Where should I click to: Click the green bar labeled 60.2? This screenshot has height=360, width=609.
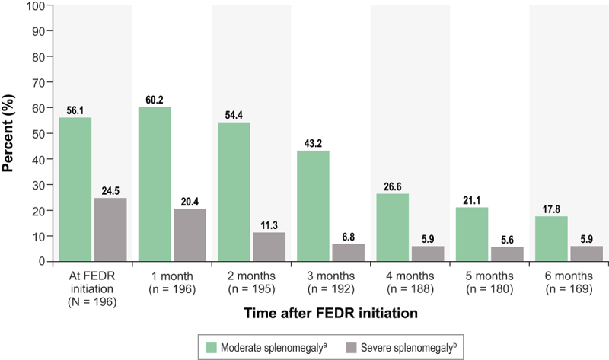155,184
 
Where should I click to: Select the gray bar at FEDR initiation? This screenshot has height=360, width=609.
110,230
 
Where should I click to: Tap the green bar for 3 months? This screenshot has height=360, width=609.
313,205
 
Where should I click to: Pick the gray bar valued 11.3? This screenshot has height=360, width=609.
269,247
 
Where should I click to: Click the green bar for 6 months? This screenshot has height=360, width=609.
551,238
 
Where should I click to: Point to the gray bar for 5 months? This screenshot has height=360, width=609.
507,254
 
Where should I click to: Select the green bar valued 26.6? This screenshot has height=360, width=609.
393,227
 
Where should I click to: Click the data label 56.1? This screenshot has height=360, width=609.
75,110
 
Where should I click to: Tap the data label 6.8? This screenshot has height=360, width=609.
349,237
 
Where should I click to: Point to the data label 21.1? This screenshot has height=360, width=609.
471,200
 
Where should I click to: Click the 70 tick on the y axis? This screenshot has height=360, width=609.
40,82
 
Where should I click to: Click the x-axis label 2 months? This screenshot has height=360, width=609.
251,276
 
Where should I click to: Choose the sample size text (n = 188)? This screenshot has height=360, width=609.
410,289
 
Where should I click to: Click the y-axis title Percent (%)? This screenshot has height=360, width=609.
8,133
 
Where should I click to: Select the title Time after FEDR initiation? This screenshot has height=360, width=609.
331,313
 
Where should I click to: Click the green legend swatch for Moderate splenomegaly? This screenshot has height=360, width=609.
212,348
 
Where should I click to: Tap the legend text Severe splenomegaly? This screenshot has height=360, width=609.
409,348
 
